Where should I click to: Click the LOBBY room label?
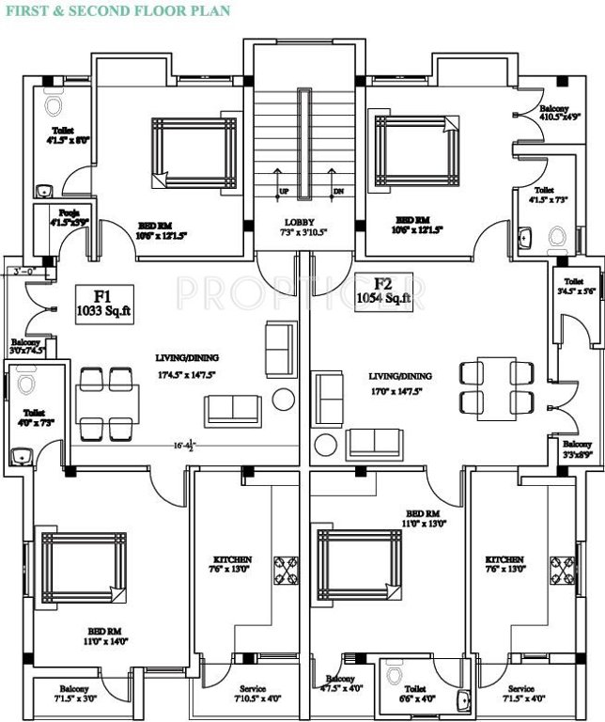click(302, 226)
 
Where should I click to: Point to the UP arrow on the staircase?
click(283, 181)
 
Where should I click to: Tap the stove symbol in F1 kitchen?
click(284, 571)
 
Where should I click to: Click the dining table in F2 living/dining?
click(489, 386)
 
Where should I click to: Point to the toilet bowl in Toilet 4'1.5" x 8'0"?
click(54, 101)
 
